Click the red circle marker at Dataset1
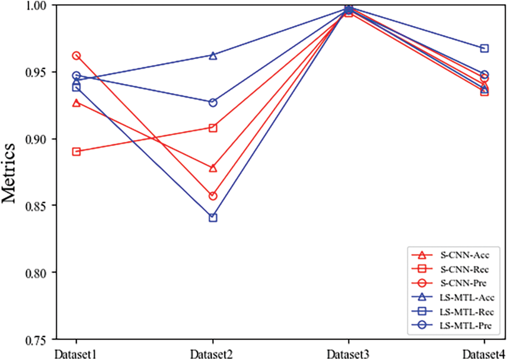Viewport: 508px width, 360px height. [76, 56]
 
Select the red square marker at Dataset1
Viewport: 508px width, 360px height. [76, 152]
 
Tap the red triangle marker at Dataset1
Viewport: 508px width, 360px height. [76, 103]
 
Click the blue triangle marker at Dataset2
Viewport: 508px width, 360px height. [213, 56]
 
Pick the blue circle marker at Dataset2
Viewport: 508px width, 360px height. [213, 102]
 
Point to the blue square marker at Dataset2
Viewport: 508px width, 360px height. [213, 218]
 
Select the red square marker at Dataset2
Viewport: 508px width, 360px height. [213, 128]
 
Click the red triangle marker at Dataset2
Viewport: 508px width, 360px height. [213, 168]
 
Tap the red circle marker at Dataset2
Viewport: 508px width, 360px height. [213, 196]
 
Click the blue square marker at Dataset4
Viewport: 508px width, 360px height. [484, 48]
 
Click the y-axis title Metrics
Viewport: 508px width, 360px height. [9, 173]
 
